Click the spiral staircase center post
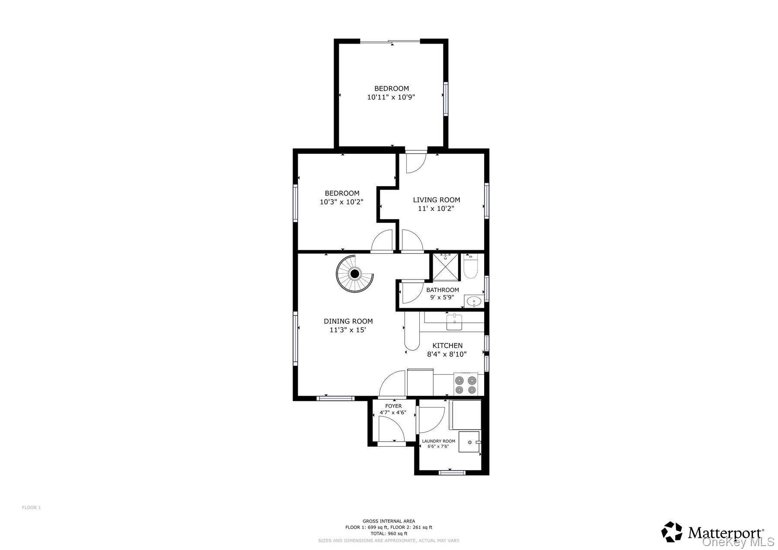(x=355, y=273)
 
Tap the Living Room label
(x=437, y=200)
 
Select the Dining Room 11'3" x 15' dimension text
(x=348, y=330)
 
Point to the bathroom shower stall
(x=445, y=268)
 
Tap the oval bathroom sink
(x=474, y=302)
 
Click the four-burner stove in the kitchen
(x=466, y=384)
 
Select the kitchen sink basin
(x=454, y=322)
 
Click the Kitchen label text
(x=448, y=346)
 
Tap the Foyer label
(x=393, y=406)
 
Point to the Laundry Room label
(x=439, y=441)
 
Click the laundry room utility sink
(x=469, y=442)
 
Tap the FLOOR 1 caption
(x=31, y=508)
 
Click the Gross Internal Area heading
(x=389, y=521)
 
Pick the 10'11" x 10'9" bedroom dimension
(x=391, y=97)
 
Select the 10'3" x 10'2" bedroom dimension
(x=341, y=202)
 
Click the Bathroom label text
(x=443, y=290)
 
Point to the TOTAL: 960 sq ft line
(x=389, y=533)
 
